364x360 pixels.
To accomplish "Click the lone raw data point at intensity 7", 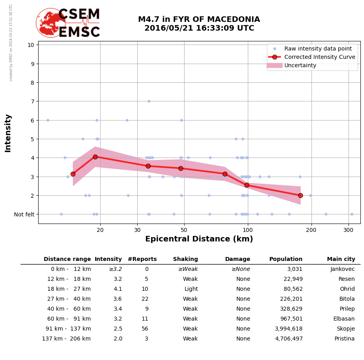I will (149, 101).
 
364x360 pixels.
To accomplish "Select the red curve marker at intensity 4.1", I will (95, 157).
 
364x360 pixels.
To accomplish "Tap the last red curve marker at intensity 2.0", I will (300, 195).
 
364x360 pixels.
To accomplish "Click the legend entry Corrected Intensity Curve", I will (319, 57).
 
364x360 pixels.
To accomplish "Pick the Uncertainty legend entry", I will (300, 65).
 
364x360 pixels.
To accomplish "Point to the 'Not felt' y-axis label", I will (24, 214).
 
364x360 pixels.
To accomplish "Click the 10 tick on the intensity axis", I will (31, 45).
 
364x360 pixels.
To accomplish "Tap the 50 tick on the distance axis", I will (184, 230).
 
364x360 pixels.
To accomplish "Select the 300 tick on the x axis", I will (348, 230).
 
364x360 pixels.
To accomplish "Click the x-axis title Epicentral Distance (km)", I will (199, 239).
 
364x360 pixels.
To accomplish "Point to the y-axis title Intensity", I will (8, 133).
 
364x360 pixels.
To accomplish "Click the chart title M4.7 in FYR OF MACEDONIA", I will (199, 19).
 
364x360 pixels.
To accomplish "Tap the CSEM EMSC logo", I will (68, 23).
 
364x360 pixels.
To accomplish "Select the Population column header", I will (286, 259).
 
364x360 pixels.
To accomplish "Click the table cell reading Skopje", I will (345, 329).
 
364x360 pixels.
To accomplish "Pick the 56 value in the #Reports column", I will (145, 329).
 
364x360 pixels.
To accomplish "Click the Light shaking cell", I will (191, 289).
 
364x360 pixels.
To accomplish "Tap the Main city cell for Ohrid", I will (347, 289).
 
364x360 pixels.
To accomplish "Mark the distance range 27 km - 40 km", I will (69, 299).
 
